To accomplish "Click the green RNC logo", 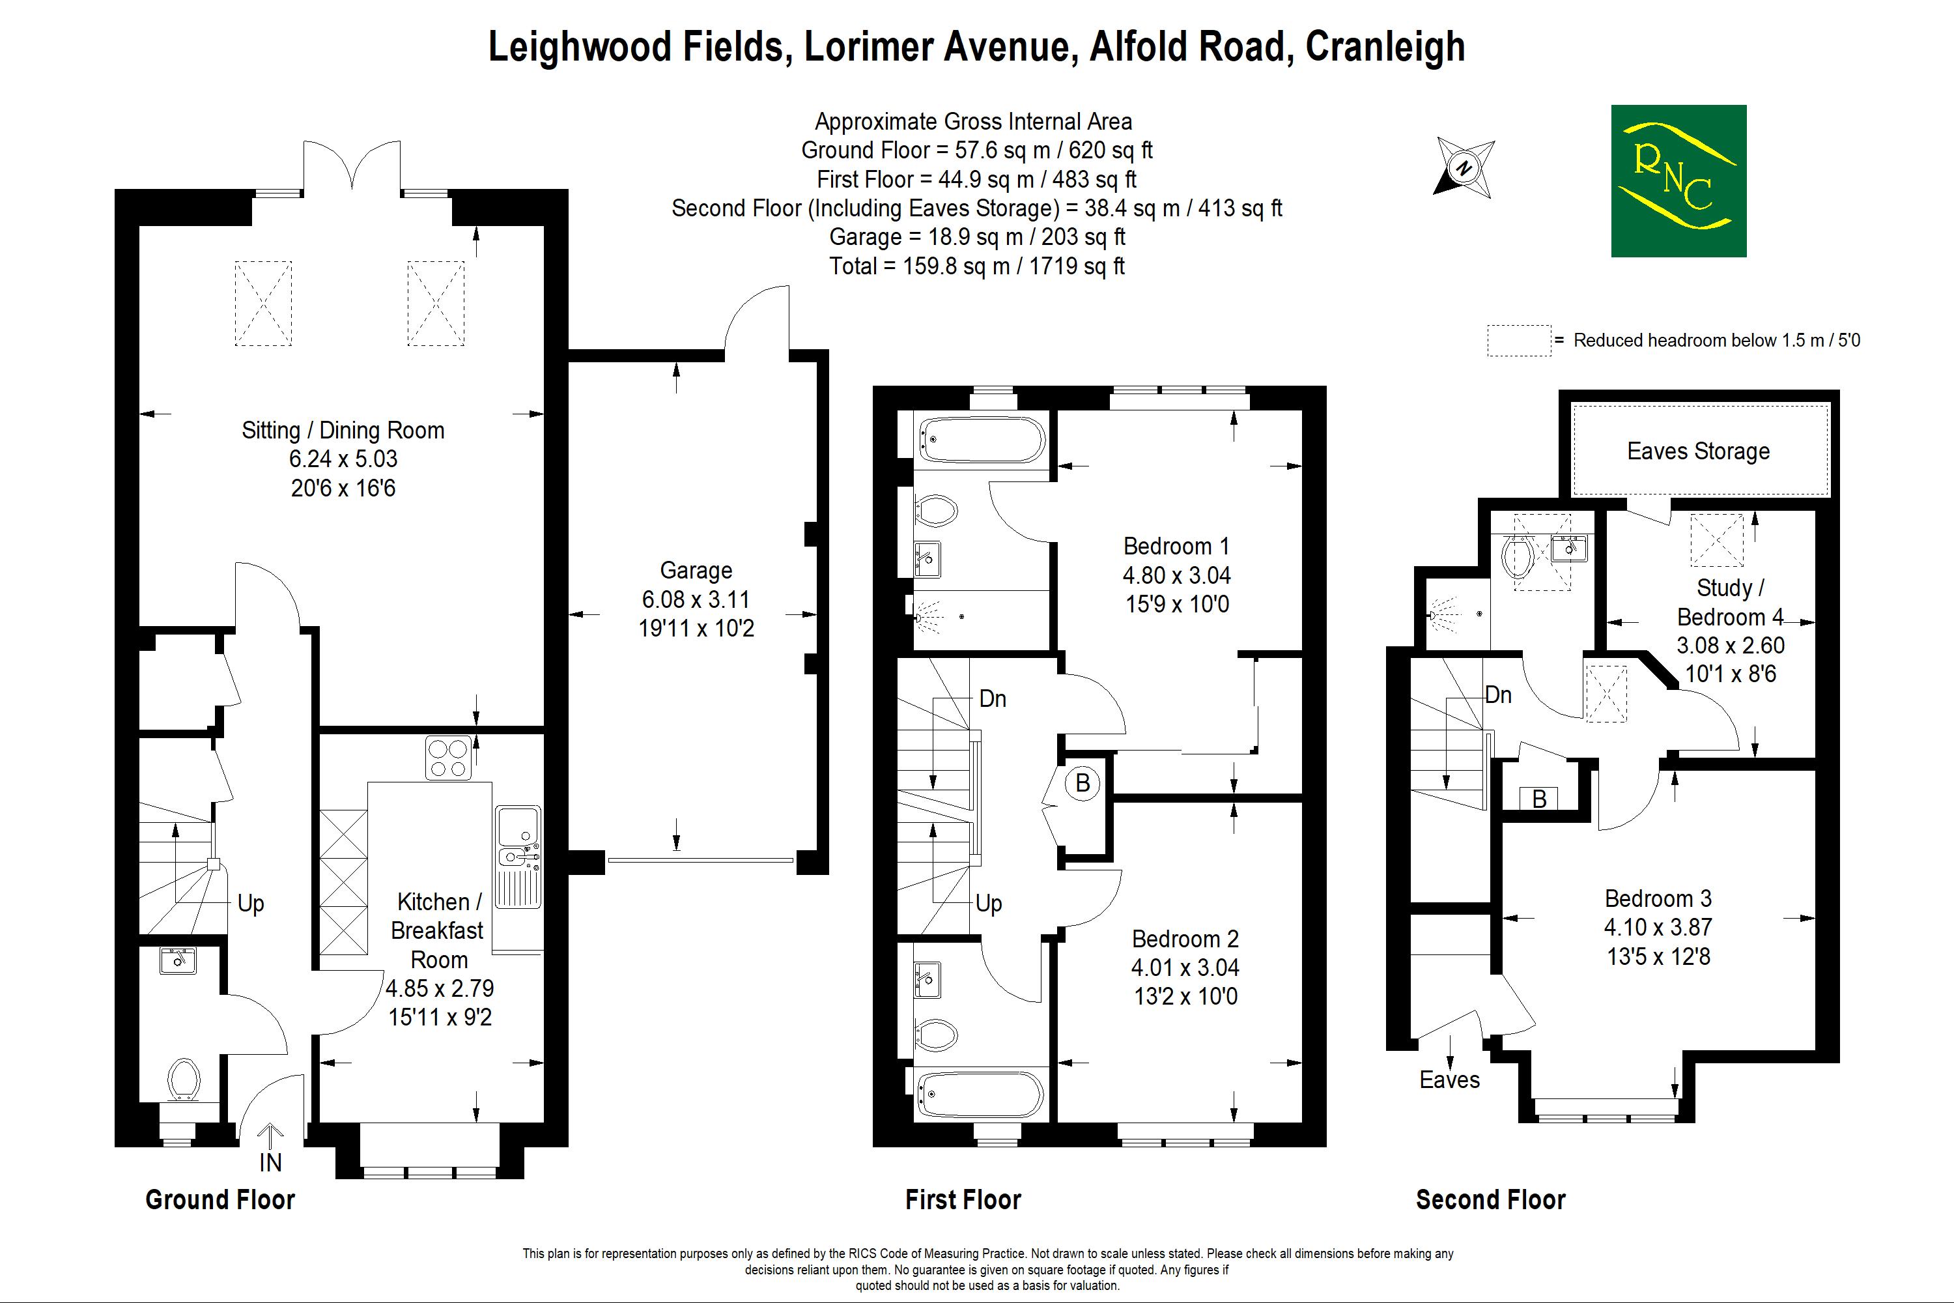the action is [x=1678, y=180].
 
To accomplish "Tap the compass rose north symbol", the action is [x=1464, y=168].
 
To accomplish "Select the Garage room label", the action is [x=696, y=570].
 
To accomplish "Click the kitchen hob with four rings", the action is [x=448, y=758].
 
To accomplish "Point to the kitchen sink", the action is [x=518, y=856].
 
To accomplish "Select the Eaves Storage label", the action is [x=1698, y=451].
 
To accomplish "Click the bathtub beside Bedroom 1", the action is [x=981, y=440].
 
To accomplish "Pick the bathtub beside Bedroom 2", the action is [x=981, y=1095].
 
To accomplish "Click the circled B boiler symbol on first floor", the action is [x=1083, y=783].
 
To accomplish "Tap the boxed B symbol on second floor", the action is [x=1538, y=799].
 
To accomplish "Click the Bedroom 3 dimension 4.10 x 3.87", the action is [x=1658, y=926].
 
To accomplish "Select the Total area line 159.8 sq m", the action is [x=977, y=266].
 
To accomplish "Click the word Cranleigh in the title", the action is [x=1385, y=46].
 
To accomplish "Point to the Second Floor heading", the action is [x=1490, y=1199].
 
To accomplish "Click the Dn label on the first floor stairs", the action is [x=993, y=698].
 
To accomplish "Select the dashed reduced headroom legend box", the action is [x=1519, y=341].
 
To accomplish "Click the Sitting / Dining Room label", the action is [x=343, y=431].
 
